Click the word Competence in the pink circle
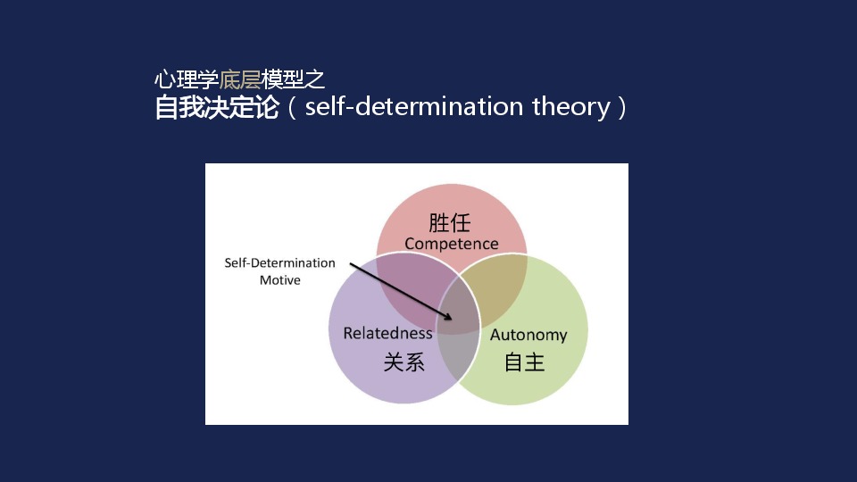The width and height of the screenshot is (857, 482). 452,244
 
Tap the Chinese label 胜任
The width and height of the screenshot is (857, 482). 449,223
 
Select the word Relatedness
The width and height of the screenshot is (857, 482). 387,333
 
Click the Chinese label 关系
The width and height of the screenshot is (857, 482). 404,361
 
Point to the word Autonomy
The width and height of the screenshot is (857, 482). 528,335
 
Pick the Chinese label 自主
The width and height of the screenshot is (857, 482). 524,361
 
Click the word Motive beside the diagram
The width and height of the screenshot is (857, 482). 279,279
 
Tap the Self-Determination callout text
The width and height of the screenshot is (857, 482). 279,262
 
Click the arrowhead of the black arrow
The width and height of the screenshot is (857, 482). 448,316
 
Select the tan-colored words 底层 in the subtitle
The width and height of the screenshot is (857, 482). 240,79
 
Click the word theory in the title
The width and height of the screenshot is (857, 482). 571,106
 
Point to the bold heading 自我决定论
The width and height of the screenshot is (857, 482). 217,106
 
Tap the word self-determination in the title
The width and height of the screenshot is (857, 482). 413,106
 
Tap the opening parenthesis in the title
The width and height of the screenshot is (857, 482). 292,107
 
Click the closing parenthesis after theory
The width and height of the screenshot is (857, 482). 621,107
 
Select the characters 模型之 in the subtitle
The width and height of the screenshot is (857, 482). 293,79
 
